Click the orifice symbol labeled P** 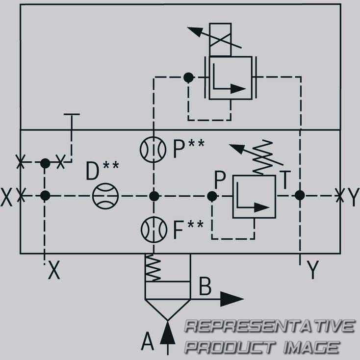(153, 150)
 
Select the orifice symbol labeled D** (105, 196)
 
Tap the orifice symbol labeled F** (154, 230)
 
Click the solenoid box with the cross (220, 40)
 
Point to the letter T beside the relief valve (285, 180)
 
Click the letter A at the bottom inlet (147, 341)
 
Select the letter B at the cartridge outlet (205, 286)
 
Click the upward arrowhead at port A (168, 333)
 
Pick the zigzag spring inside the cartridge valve (153, 267)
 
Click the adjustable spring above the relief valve (263, 157)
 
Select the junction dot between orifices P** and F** (154, 196)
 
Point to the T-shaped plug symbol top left (72, 125)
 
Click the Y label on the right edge (353, 197)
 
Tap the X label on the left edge (6, 197)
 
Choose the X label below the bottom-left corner (54, 270)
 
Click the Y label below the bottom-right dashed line (313, 270)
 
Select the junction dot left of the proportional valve (188, 77)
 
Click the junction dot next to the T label (300, 195)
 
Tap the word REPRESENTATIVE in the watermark (270, 326)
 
